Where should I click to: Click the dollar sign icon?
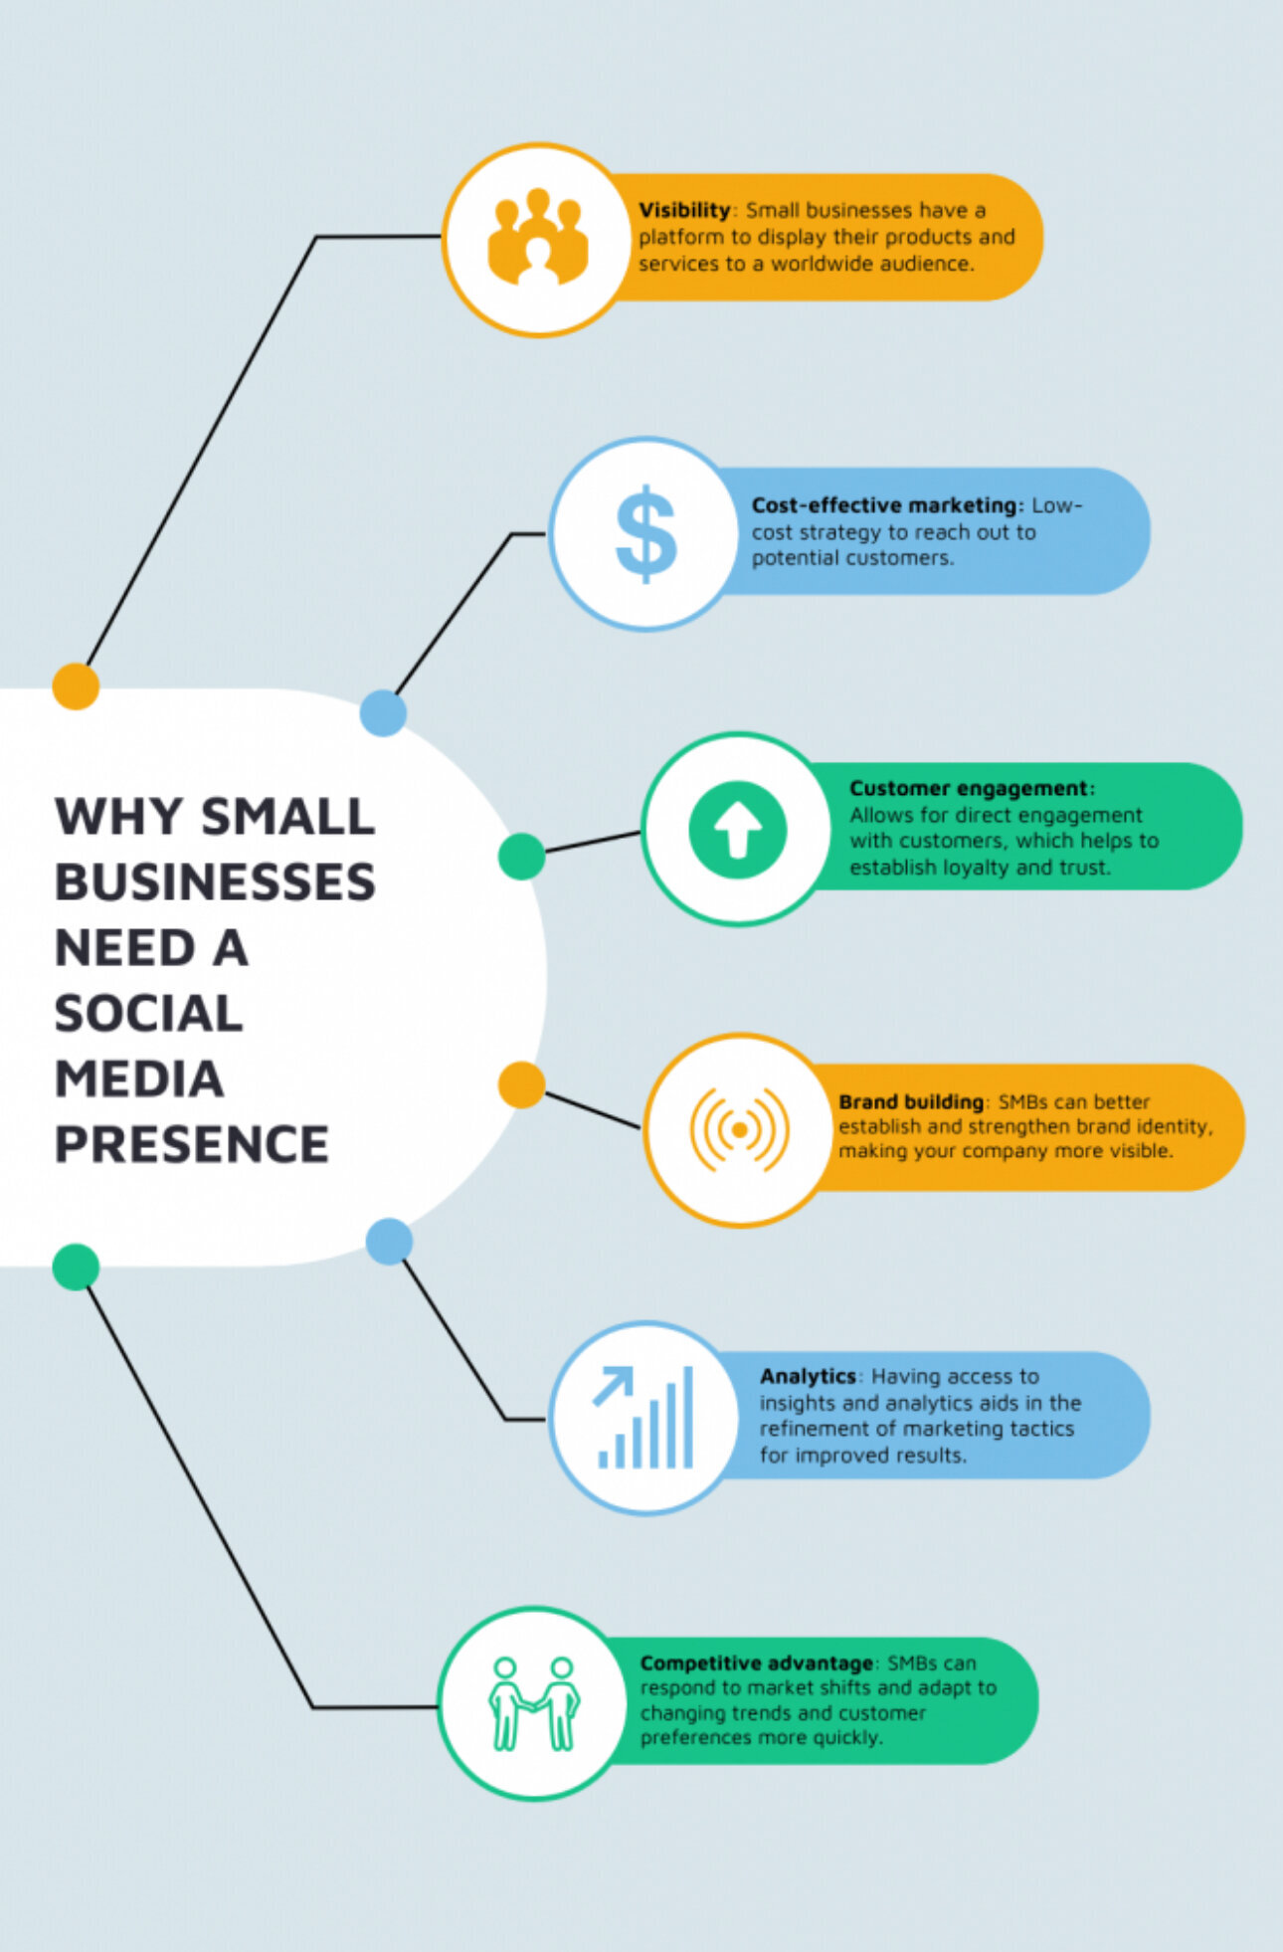[645, 533]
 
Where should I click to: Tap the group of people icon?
[537, 239]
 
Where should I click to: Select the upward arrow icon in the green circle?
[737, 830]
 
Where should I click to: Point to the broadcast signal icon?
[739, 1129]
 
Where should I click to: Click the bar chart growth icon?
[644, 1418]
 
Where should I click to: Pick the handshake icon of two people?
[534, 1703]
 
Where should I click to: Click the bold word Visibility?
[684, 210]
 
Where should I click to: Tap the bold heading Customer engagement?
[971, 788]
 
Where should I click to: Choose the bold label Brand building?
[911, 1101]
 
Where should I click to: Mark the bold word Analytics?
[808, 1376]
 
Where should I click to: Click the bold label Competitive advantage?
[756, 1662]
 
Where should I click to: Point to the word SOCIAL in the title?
[149, 1014]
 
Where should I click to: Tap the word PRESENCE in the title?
[191, 1144]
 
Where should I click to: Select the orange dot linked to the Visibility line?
[76, 685]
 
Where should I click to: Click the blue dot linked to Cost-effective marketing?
[383, 712]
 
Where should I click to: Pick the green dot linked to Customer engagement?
[521, 857]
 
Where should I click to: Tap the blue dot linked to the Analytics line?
[389, 1242]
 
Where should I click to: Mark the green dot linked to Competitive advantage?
[76, 1267]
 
